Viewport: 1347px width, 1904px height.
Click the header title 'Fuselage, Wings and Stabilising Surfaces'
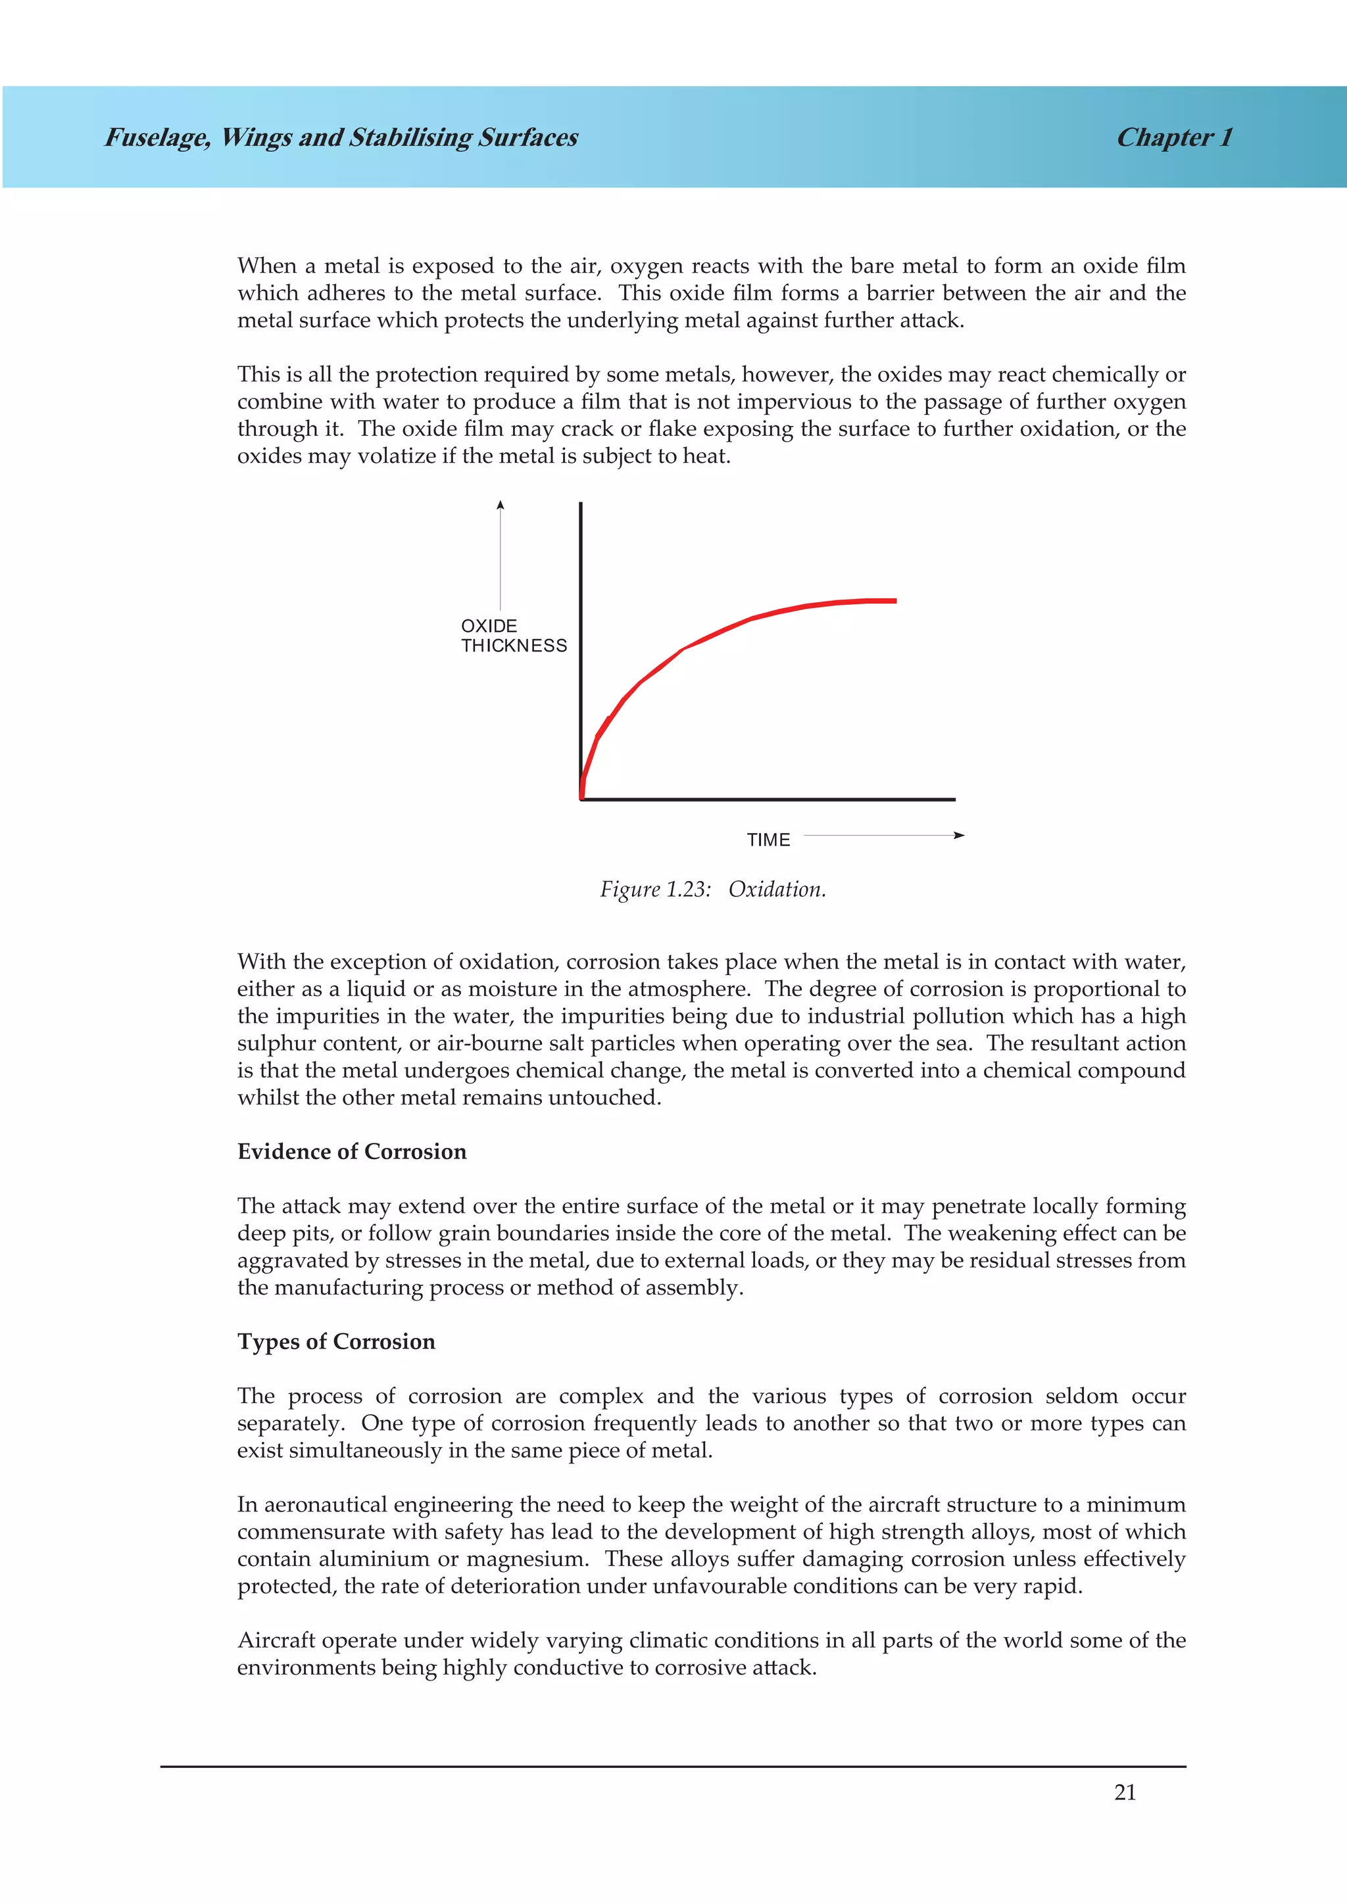pos(341,137)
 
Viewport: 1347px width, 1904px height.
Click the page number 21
pos(1124,1792)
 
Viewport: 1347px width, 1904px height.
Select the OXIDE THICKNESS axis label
pos(514,636)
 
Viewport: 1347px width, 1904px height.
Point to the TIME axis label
pos(768,840)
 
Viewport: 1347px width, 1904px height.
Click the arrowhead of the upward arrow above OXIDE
pos(500,505)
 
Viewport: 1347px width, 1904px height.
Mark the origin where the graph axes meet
pos(581,799)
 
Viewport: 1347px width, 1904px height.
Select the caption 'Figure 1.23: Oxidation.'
pos(712,889)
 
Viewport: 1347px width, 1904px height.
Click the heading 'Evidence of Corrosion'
pos(352,1151)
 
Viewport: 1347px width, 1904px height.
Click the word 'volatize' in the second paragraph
pos(396,456)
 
